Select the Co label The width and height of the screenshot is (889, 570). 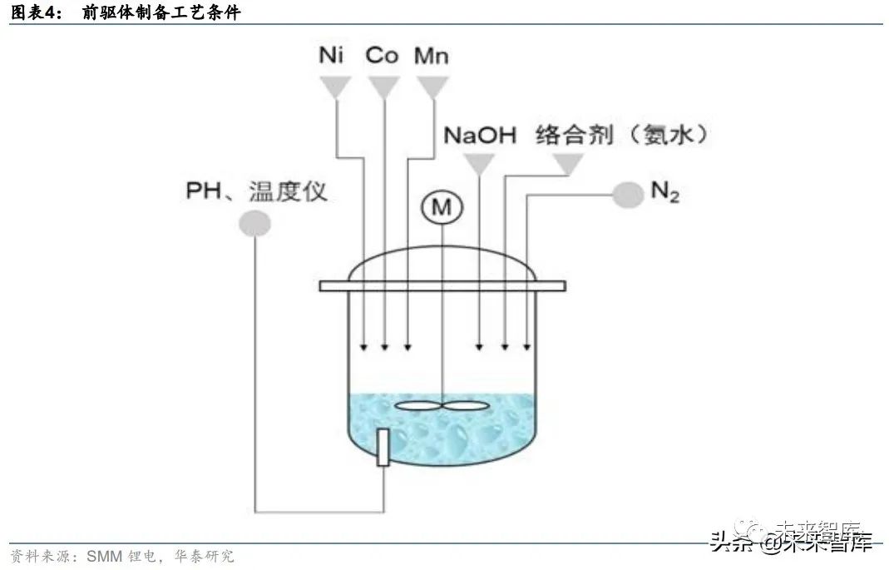(382, 56)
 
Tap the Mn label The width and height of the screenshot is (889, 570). (432, 56)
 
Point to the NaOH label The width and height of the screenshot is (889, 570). (480, 135)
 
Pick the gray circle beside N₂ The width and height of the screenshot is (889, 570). (628, 195)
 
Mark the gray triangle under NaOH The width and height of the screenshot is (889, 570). (478, 164)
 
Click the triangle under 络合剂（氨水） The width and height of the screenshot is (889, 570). (568, 164)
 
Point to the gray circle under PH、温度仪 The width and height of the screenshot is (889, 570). (254, 223)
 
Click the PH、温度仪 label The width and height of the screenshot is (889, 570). (256, 192)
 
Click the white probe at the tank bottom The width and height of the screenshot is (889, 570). (383, 447)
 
